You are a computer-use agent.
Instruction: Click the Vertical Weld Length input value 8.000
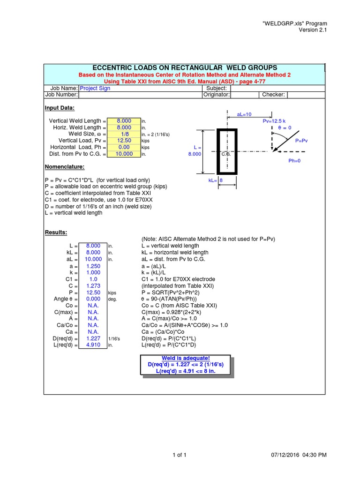[123, 121]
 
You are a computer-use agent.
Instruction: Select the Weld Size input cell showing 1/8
[123, 134]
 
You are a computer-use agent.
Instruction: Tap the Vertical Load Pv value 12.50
[123, 141]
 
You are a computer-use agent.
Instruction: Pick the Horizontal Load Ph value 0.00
[123, 147]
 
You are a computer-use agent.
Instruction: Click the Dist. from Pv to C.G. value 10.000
[123, 154]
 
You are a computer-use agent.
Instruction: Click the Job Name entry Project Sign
[95, 88]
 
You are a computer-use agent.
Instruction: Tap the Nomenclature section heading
[64, 167]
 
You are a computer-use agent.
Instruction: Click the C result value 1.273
[93, 285]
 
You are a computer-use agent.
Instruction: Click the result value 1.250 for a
[93, 266]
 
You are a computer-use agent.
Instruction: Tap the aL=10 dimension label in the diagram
[245, 114]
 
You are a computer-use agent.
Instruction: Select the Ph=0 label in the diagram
[294, 161]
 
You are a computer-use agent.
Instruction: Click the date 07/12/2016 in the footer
[289, 455]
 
